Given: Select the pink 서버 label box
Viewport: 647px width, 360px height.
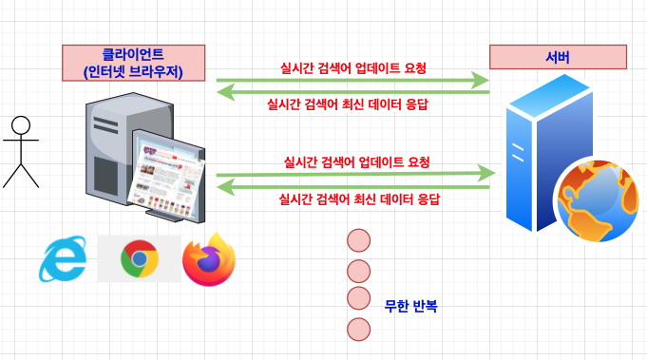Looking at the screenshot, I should pyautogui.click(x=558, y=57).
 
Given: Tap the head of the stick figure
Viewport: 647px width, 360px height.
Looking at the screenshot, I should pyautogui.click(x=21, y=125).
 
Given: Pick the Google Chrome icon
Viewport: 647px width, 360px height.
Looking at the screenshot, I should pyautogui.click(x=140, y=258).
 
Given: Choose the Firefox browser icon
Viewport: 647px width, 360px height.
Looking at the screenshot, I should pyautogui.click(x=209, y=259).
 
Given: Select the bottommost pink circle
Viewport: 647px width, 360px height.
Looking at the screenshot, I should pyautogui.click(x=358, y=330).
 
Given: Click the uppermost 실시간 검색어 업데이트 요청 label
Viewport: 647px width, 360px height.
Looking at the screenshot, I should pyautogui.click(x=353, y=68).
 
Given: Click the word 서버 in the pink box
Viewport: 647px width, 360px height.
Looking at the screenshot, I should pyautogui.click(x=558, y=57).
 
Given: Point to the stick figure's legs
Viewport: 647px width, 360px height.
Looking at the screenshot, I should pyautogui.click(x=21, y=173).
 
